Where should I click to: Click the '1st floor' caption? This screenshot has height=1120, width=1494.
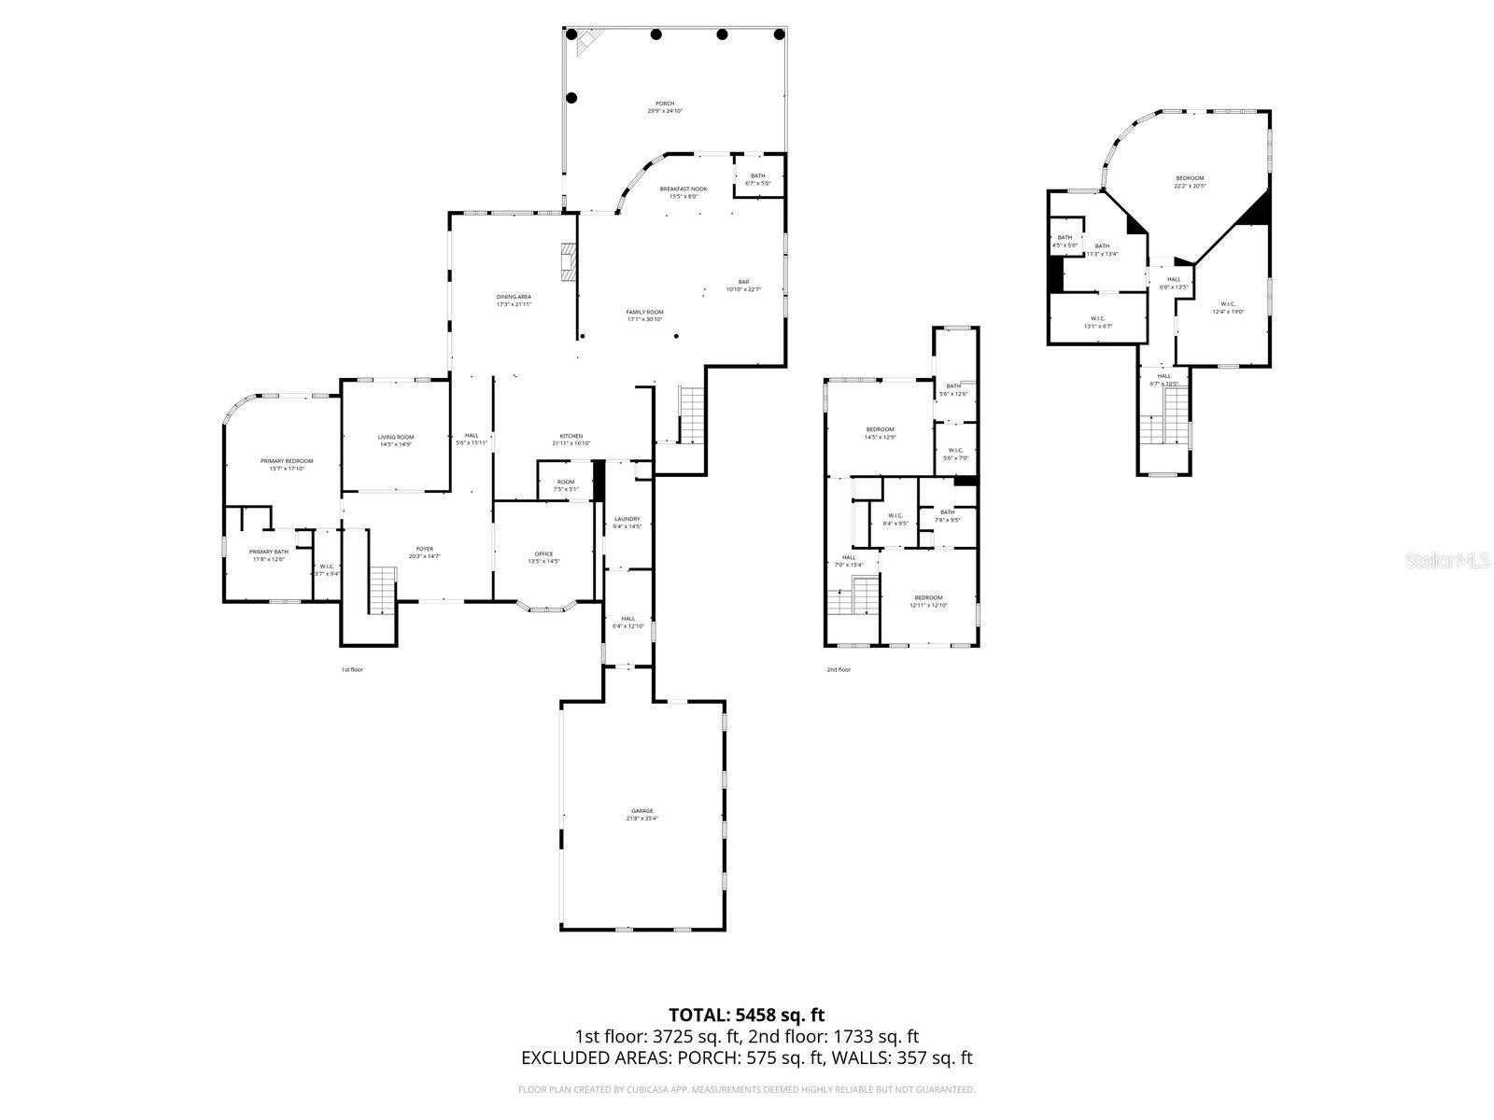coord(351,669)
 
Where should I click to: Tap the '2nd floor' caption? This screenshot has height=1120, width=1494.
coord(838,669)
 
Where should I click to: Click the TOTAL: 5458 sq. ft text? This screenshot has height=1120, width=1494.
coord(746,1015)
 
